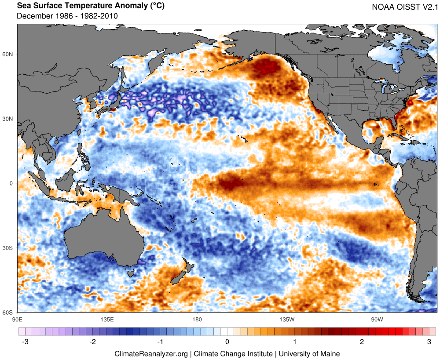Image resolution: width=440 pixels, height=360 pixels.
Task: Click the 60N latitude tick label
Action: pos(9,55)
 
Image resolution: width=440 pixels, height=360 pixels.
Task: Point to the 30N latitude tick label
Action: pos(9,119)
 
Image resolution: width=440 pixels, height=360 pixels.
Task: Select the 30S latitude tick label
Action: pos(9,248)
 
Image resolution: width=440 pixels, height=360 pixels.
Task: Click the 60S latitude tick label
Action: pos(9,313)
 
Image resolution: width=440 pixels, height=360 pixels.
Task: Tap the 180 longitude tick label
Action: pos(197,319)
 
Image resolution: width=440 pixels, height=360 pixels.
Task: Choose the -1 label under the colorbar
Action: pos(160,342)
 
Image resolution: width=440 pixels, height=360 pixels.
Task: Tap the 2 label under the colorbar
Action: pos(362,342)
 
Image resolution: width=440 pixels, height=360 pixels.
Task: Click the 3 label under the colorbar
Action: pos(429,342)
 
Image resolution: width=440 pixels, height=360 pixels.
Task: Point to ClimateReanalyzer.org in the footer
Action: pos(151,353)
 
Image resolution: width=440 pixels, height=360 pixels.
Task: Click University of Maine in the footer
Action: pos(309,353)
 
